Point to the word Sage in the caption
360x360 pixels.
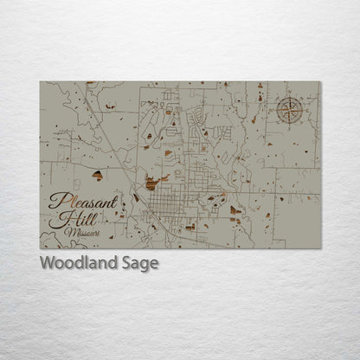142,264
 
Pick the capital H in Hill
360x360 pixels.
58,220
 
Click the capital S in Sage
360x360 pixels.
130,263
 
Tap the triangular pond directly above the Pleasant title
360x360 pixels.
97,174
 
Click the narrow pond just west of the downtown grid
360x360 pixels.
136,197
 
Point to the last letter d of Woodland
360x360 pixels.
119,263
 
